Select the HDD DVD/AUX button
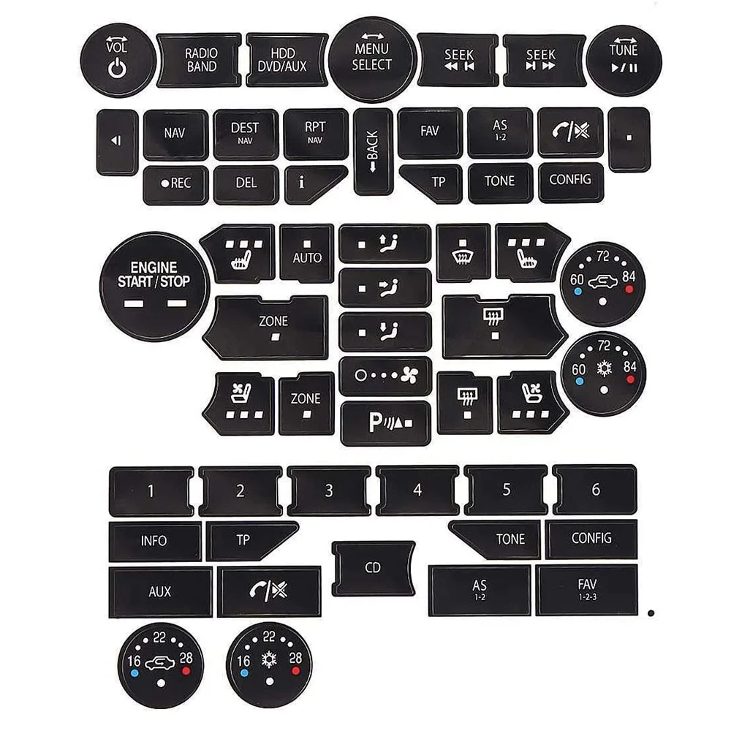tap(287, 59)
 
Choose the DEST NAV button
tap(245, 134)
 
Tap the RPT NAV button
tap(315, 134)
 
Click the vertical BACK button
tap(373, 151)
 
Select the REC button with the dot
tap(175, 183)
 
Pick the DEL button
tap(246, 183)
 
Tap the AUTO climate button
tap(307, 253)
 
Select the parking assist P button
tap(385, 423)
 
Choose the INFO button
tap(154, 542)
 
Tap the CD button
tap(373, 568)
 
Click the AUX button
tap(160, 591)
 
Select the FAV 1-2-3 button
tap(586, 589)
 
